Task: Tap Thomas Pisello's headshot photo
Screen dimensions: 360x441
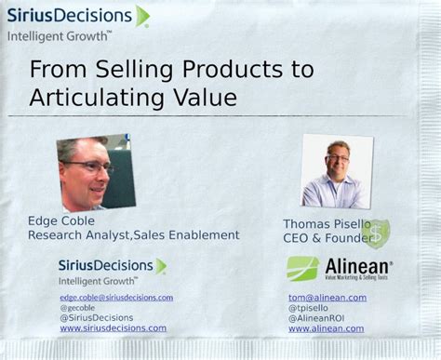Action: pos(337,171)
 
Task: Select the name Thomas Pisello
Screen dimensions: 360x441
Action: pos(324,224)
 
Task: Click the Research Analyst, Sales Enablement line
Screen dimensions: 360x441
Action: pos(133,235)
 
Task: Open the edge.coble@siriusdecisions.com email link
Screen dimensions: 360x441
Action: pos(116,298)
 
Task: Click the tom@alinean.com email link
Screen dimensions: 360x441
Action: pos(327,298)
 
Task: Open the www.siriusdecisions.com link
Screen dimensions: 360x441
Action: pos(113,328)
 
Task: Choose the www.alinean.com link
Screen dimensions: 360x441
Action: pos(326,328)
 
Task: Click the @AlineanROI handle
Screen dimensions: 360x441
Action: pos(315,318)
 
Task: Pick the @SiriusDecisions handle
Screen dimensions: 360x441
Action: pos(97,318)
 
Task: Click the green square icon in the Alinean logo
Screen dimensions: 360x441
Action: pos(302,269)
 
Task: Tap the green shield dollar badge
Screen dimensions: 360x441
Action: pos(376,233)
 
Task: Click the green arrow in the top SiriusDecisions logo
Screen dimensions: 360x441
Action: pos(141,16)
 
